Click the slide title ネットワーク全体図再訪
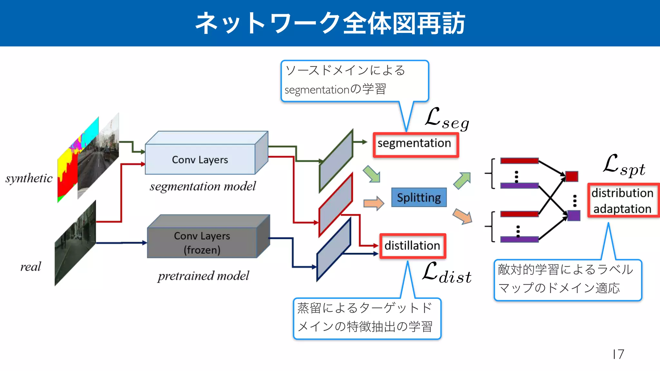coord(330,23)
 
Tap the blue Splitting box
coord(419,197)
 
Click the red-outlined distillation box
coord(412,246)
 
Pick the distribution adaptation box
coord(623,201)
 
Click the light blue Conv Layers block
coord(200,159)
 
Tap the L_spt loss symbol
coord(624,166)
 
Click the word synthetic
coord(29,178)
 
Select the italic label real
coord(31,267)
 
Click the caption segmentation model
coord(203,186)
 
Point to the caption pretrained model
coord(203,276)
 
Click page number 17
coord(618,354)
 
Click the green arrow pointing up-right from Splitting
coord(462,180)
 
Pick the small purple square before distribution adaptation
coord(574,215)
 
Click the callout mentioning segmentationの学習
coord(354,81)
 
